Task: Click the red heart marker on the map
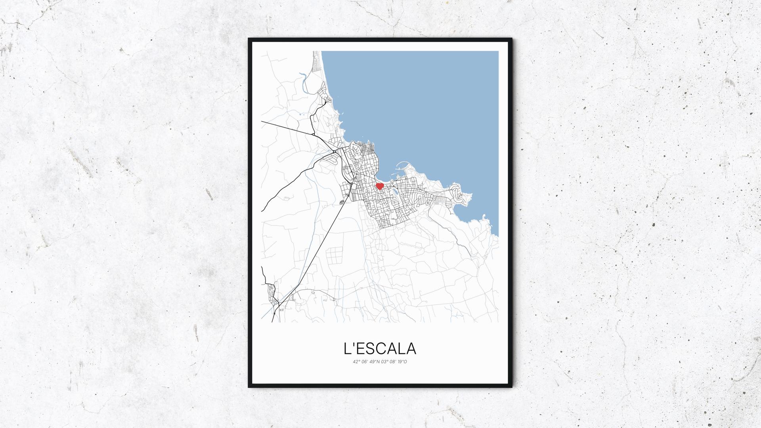pos(380,185)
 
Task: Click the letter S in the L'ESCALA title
pos(369,349)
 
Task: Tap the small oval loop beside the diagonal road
pos(342,202)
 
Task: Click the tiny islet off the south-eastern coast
pos(484,216)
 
